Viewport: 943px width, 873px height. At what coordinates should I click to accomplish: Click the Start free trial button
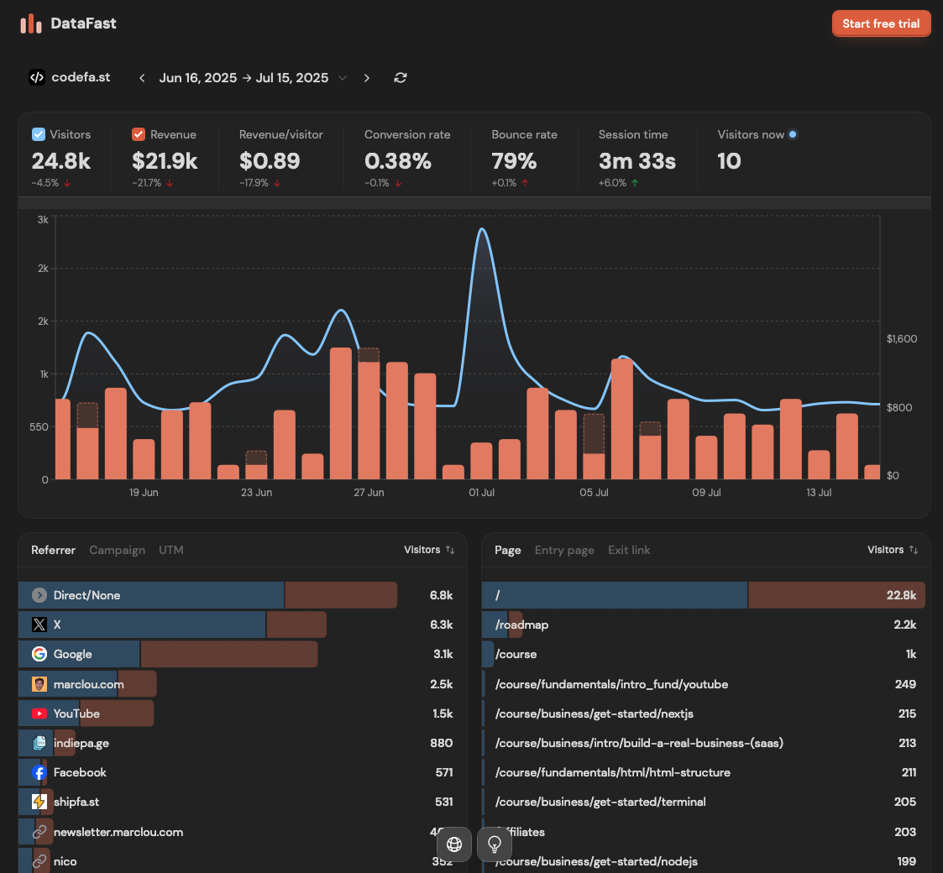coord(881,24)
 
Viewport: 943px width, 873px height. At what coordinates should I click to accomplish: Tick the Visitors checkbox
coord(39,134)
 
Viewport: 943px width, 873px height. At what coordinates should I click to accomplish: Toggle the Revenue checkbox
coord(139,134)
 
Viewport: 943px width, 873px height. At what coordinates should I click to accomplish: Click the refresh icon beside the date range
coord(401,78)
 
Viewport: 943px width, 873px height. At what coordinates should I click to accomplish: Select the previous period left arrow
coord(142,78)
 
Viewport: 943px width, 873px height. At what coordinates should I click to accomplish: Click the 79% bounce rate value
coord(514,160)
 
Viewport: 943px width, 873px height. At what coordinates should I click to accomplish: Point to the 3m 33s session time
coord(637,160)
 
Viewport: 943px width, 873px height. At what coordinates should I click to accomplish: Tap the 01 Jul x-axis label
coord(481,493)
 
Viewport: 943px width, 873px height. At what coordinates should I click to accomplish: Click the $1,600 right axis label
coord(902,339)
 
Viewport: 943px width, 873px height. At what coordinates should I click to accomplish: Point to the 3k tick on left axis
coord(43,219)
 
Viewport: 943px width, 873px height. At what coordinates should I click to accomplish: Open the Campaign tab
coord(117,550)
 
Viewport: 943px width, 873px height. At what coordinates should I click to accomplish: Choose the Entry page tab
coord(564,550)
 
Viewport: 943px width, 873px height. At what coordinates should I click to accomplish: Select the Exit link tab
coord(629,550)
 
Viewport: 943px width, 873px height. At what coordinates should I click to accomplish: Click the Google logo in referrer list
coord(39,654)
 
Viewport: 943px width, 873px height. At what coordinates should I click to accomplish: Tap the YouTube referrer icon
coord(39,714)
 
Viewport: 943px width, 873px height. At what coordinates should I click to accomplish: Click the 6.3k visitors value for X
coord(441,625)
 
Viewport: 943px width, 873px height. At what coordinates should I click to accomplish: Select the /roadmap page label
coord(521,625)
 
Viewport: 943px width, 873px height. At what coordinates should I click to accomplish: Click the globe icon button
coord(454,844)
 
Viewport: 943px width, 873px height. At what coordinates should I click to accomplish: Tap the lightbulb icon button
coord(495,844)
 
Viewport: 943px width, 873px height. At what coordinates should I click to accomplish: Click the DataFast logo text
coord(83,24)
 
